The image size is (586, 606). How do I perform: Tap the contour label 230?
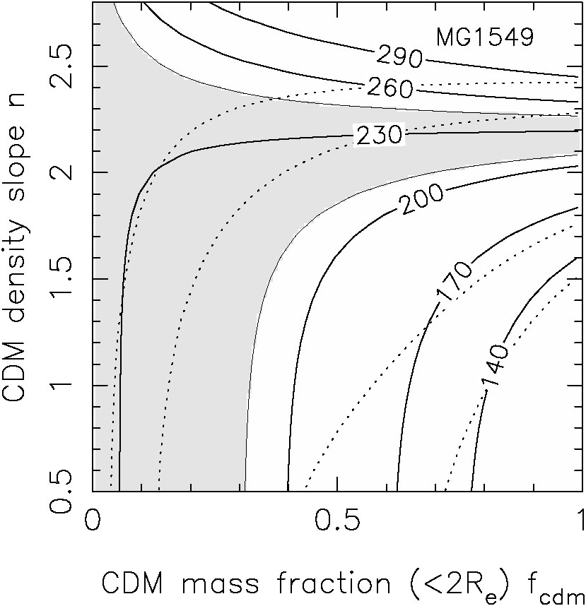click(377, 133)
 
